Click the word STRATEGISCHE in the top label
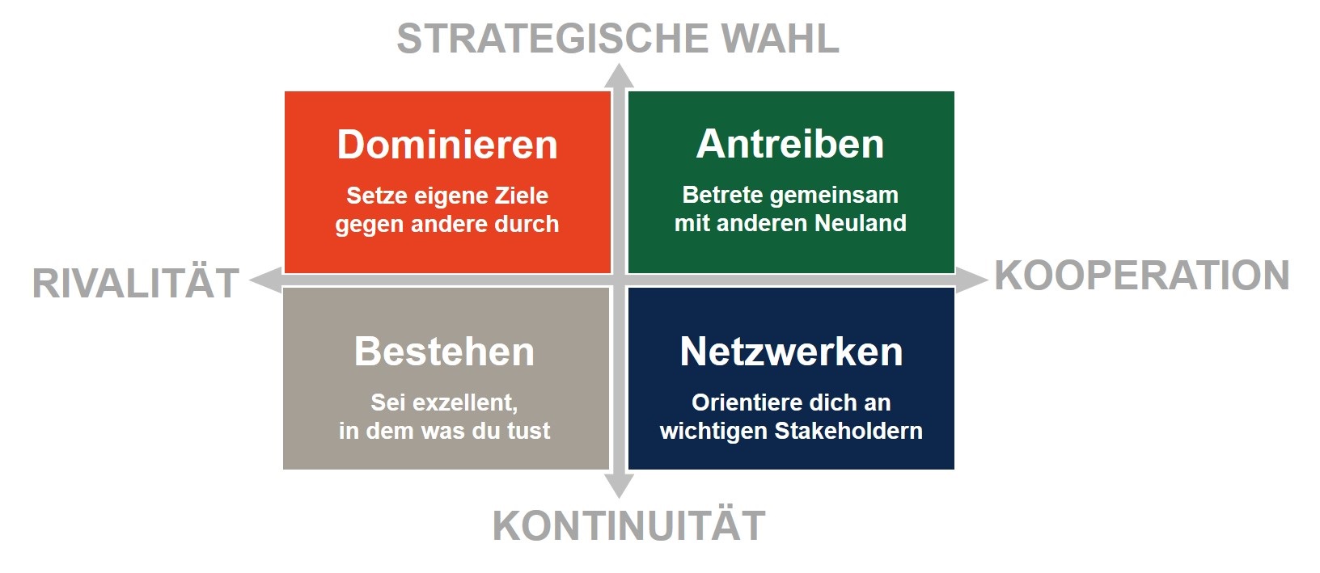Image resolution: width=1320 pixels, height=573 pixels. click(x=552, y=39)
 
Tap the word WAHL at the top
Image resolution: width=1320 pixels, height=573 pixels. click(x=781, y=39)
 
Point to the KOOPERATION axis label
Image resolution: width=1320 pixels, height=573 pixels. click(x=1142, y=276)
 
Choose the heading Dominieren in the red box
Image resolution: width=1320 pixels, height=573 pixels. click(x=447, y=145)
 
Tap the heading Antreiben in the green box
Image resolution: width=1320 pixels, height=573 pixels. click(x=790, y=144)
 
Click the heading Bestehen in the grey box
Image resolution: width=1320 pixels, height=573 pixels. click(x=444, y=352)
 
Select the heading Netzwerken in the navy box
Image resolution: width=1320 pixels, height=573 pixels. click(x=791, y=352)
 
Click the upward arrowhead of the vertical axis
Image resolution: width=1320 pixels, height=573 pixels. click(x=620, y=77)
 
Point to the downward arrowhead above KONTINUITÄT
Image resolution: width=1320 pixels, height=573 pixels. click(x=620, y=486)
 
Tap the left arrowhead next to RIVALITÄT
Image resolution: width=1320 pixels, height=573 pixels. click(x=265, y=280)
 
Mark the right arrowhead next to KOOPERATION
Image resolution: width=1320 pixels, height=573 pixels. click(x=971, y=280)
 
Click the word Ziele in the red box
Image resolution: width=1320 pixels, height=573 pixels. click(x=522, y=196)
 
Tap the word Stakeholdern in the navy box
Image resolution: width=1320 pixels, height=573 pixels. click(x=848, y=431)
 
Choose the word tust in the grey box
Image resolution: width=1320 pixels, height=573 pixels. click(x=529, y=431)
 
